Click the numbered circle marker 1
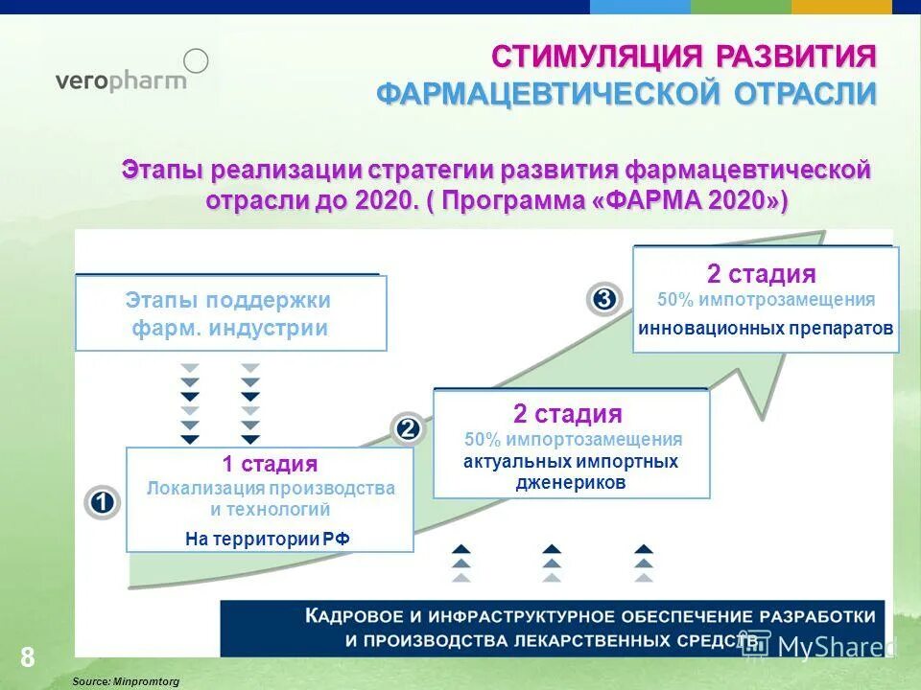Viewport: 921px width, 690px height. pyautogui.click(x=102, y=502)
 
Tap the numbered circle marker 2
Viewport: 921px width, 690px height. pyautogui.click(x=409, y=428)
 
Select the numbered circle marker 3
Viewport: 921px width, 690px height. pyautogui.click(x=604, y=299)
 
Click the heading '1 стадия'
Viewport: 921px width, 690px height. pyautogui.click(x=270, y=465)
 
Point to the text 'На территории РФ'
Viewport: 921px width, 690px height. pyautogui.click(x=268, y=539)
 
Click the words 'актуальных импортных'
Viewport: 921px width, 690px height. pyautogui.click(x=571, y=462)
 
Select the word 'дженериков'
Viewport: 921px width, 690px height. pyautogui.click(x=571, y=483)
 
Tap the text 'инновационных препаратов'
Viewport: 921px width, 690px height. pyautogui.click(x=766, y=328)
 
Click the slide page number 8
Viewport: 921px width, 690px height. pyautogui.click(x=27, y=657)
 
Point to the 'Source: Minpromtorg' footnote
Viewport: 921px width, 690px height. pyautogui.click(x=126, y=680)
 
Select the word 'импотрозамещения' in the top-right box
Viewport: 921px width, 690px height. pyautogui.click(x=787, y=300)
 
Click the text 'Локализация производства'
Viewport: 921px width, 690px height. pyautogui.click(x=271, y=489)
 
